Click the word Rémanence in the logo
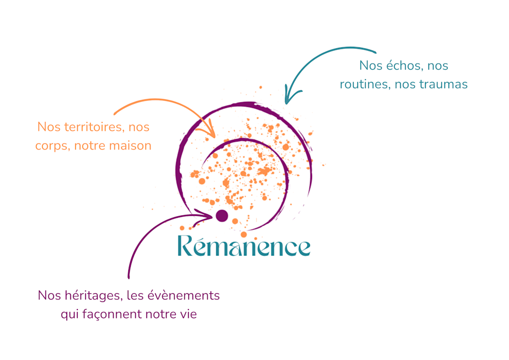pyautogui.click(x=244, y=247)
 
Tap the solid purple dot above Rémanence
pyautogui.click(x=221, y=216)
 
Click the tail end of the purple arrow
pyautogui.click(x=129, y=278)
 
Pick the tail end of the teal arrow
pyautogui.click(x=375, y=52)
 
